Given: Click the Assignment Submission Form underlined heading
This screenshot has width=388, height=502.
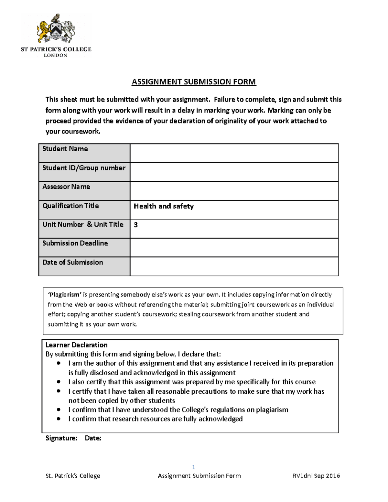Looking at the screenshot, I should point(194,82).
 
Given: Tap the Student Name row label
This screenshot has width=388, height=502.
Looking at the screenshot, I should point(65,149).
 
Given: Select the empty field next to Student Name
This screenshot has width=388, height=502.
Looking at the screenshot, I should point(234,153).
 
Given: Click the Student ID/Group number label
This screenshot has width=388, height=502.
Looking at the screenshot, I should point(84,168).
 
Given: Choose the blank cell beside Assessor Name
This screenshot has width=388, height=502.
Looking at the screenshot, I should point(234,191).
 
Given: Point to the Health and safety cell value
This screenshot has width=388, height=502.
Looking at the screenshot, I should point(164,206).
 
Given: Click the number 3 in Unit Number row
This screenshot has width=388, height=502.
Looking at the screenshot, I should point(136,225).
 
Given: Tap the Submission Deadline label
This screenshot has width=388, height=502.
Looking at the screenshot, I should point(75,243).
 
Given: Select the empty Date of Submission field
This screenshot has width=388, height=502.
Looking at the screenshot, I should point(234,266).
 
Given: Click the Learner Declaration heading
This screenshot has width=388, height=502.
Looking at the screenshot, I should point(76,345).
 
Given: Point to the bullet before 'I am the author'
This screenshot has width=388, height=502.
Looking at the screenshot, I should point(59,363).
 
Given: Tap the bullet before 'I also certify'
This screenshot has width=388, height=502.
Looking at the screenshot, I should point(59,382).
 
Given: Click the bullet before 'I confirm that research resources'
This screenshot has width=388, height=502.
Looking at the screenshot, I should point(59,419).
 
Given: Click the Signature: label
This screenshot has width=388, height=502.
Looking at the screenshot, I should point(61,438).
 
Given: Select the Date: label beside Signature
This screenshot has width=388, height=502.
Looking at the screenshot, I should point(93,438).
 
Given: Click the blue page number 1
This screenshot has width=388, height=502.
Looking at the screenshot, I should point(193,467).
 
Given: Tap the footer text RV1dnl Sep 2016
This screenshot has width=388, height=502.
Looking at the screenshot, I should point(316,476).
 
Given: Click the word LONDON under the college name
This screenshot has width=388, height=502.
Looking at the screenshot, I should point(56,56).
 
